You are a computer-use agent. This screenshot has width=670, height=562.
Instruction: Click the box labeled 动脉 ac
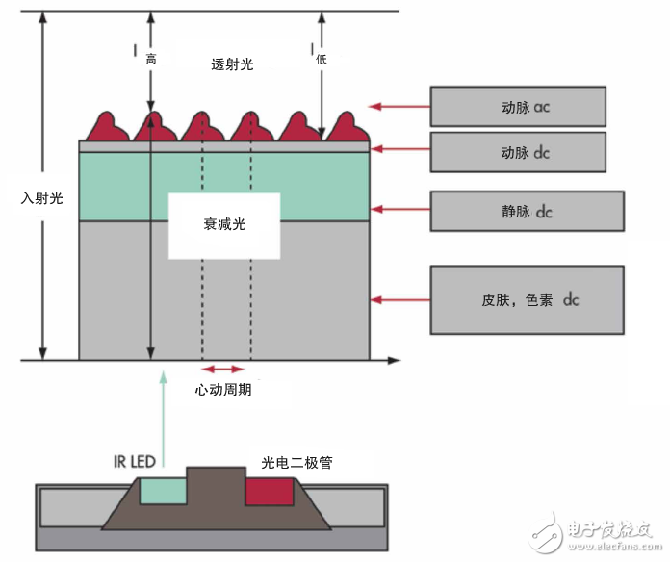click(x=518, y=106)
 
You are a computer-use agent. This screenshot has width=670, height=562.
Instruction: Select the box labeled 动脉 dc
click(x=518, y=152)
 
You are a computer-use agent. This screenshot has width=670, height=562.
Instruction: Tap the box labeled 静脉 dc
click(x=518, y=211)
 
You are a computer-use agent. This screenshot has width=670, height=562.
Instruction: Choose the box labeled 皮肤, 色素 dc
click(x=518, y=300)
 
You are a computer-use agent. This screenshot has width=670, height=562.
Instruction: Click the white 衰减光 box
click(x=224, y=225)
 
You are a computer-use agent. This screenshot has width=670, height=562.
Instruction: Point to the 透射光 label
click(x=233, y=64)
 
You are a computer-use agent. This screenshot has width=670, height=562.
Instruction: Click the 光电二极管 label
click(x=296, y=463)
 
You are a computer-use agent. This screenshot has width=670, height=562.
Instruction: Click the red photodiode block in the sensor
click(x=271, y=492)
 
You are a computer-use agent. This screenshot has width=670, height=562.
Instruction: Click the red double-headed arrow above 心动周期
click(x=222, y=369)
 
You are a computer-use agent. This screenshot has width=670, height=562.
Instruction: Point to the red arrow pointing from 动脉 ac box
click(x=399, y=106)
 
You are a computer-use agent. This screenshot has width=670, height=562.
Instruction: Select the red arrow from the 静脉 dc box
click(x=399, y=208)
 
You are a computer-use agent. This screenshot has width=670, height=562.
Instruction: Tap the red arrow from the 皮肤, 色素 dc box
click(x=399, y=300)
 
